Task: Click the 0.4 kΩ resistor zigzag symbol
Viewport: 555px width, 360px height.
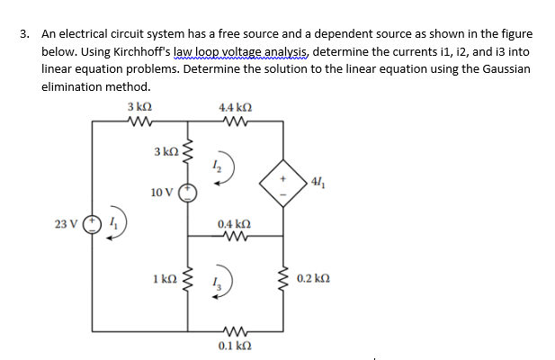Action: pos(234,238)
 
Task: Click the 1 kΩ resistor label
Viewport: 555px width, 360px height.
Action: pos(163,277)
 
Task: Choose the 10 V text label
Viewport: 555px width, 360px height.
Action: pos(162,192)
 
